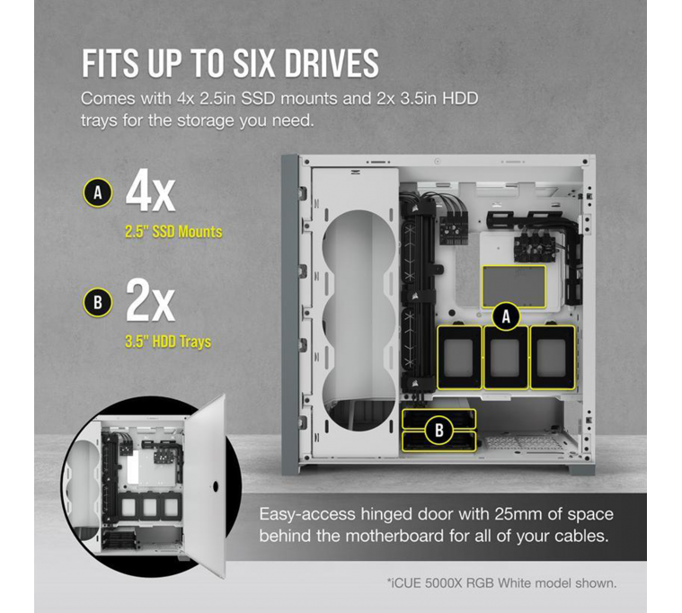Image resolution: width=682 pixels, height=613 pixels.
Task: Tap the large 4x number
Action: pyautogui.click(x=150, y=191)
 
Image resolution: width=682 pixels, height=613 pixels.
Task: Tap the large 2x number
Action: pyautogui.click(x=150, y=304)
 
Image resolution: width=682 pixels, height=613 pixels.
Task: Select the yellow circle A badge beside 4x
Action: pyautogui.click(x=97, y=191)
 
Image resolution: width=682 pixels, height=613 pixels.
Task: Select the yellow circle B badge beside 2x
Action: pyautogui.click(x=97, y=304)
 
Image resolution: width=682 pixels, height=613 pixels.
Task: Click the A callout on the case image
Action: pyautogui.click(x=506, y=315)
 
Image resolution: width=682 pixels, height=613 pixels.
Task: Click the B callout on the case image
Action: pyautogui.click(x=438, y=431)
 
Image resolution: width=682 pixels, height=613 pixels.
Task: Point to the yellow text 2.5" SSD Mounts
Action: pyautogui.click(x=174, y=232)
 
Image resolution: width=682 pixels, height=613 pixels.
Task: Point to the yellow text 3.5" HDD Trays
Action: pyautogui.click(x=168, y=342)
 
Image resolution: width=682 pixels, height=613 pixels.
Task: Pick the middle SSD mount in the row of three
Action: pyautogui.click(x=506, y=358)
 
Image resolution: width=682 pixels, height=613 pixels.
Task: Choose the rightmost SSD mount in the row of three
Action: pyautogui.click(x=552, y=356)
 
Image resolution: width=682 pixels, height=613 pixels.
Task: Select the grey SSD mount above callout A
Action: pyautogui.click(x=513, y=286)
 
